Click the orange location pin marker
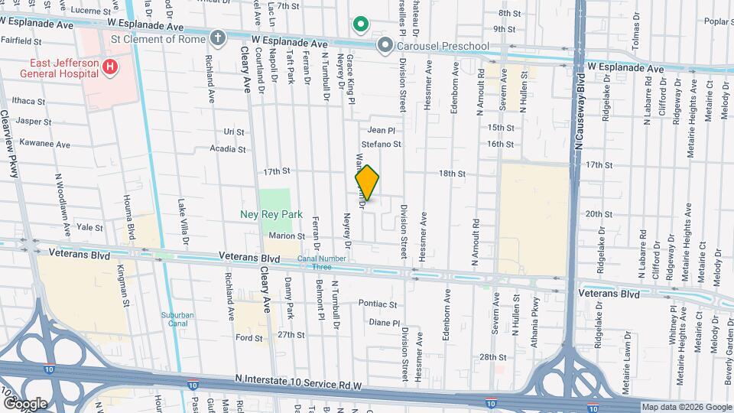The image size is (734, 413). pyautogui.click(x=368, y=182)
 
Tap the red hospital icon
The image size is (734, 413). pyautogui.click(x=110, y=67)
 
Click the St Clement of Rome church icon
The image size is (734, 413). pyautogui.click(x=218, y=37)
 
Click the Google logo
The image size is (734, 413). pyautogui.click(x=24, y=403)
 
